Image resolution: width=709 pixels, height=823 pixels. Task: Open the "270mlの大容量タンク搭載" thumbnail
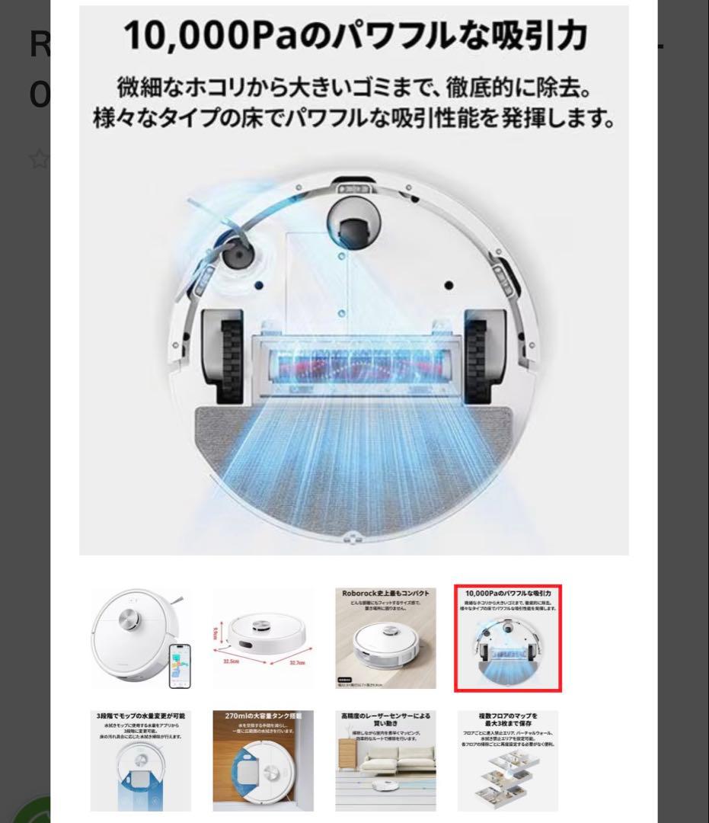(x=263, y=761)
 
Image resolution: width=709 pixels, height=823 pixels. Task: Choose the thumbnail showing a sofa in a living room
(x=386, y=761)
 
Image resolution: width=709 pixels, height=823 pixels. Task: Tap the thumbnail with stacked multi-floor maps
(x=508, y=761)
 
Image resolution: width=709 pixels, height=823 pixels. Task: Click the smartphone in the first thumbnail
(x=180, y=665)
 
